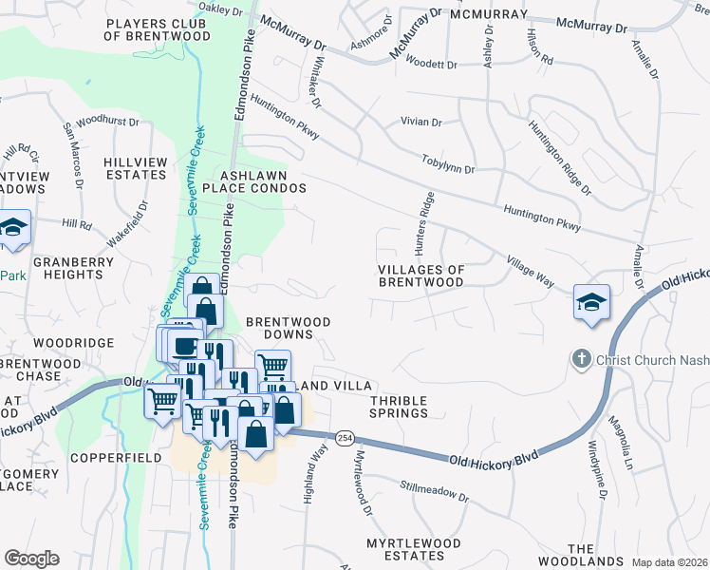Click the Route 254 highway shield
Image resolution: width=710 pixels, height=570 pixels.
tap(344, 437)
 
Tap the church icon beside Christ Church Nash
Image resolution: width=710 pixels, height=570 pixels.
tap(581, 360)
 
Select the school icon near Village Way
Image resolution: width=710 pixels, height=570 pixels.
tap(591, 303)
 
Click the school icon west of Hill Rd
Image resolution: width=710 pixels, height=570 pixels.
tap(13, 228)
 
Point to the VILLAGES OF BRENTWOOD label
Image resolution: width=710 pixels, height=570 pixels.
tap(421, 275)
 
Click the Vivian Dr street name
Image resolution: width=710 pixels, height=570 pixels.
tap(421, 123)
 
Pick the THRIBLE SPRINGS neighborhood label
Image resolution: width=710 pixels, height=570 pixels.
tap(399, 407)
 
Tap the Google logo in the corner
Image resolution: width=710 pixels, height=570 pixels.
tap(31, 559)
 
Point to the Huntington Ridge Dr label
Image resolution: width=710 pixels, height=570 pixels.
tap(560, 158)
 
